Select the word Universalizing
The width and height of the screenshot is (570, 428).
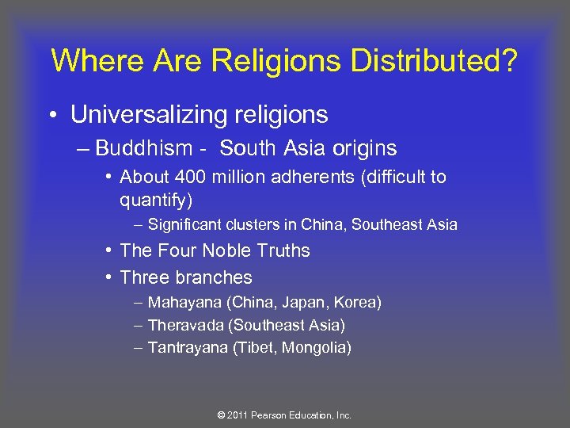[x=150, y=115]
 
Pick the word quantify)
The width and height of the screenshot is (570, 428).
[x=156, y=200]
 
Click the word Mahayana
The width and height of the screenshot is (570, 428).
[x=183, y=303]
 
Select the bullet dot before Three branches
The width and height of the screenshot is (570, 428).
[x=106, y=277]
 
